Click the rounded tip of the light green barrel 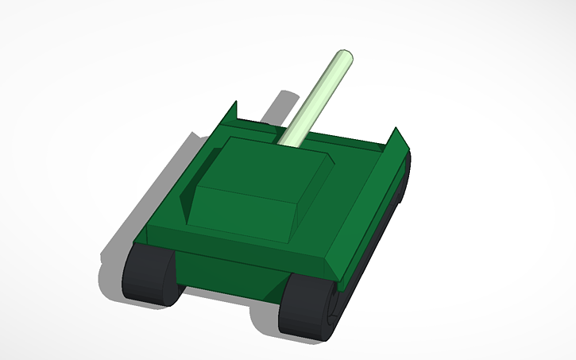[x=345, y=56]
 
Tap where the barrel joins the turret [x=287, y=143]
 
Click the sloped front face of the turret [x=243, y=213]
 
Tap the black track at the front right [x=307, y=305]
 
